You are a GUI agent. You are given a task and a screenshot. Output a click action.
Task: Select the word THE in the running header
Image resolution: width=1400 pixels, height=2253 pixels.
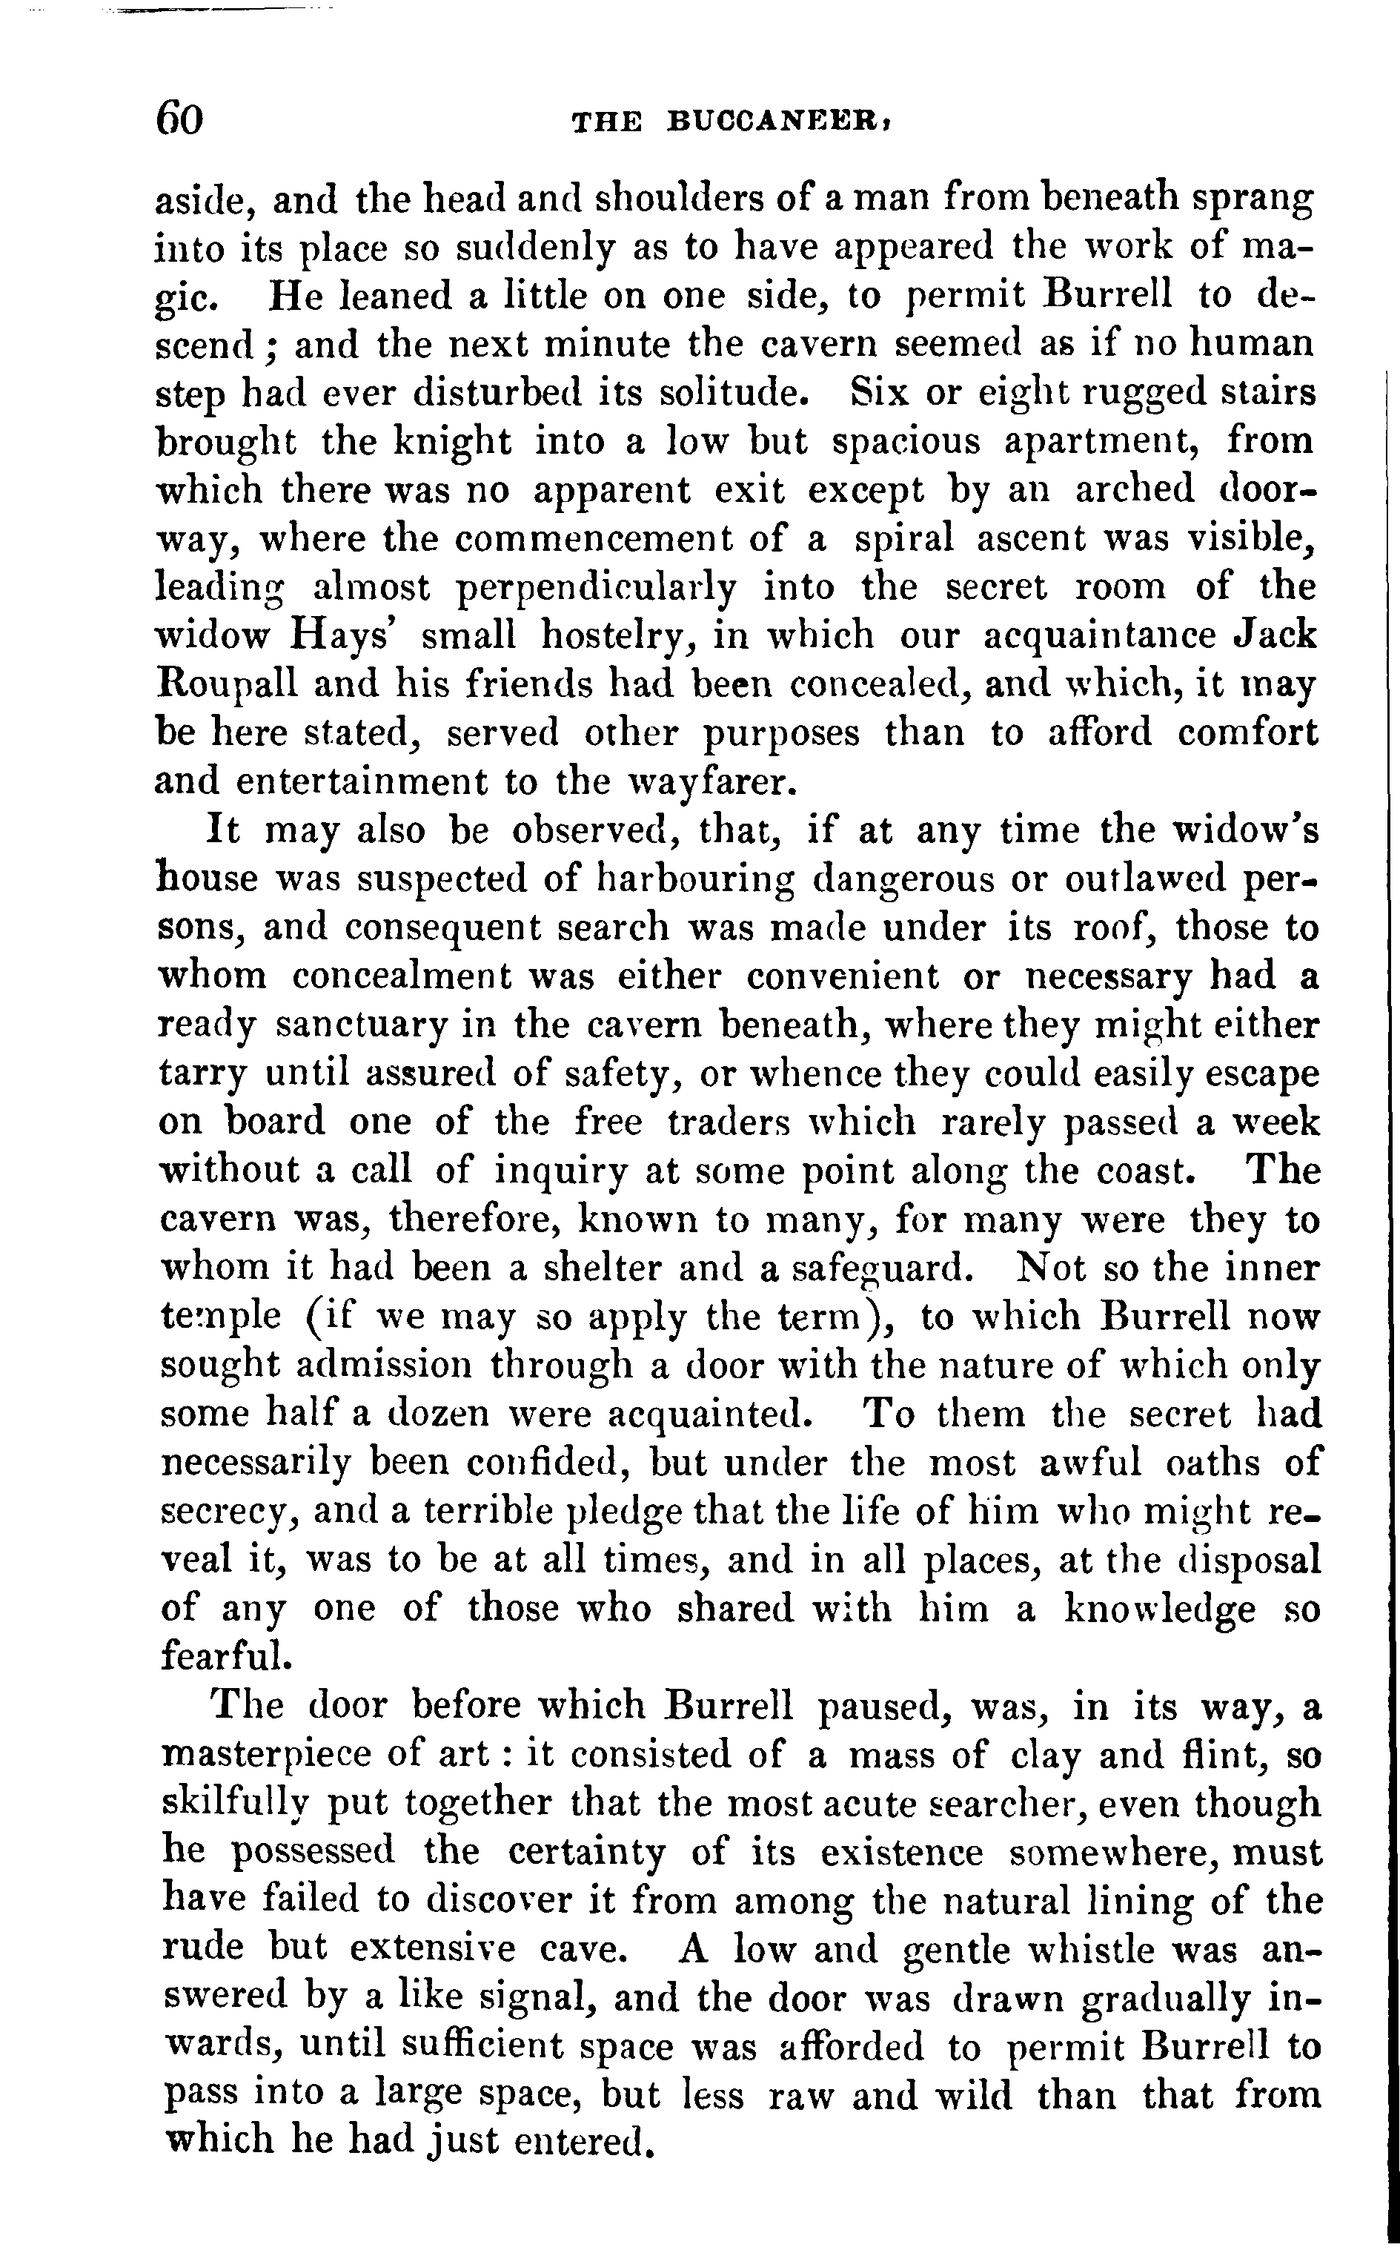point(606,122)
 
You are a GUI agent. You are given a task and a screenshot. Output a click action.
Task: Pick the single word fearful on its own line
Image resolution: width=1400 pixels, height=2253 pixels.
point(226,1655)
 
